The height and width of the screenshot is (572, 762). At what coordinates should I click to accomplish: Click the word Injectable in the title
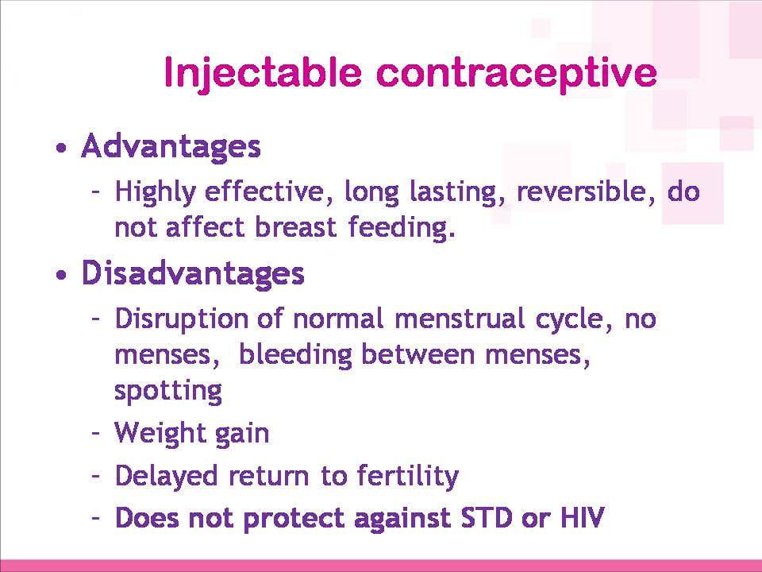click(263, 74)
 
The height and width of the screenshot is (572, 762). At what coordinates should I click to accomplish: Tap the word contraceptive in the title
click(517, 73)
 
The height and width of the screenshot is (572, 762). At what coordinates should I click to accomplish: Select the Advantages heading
click(171, 147)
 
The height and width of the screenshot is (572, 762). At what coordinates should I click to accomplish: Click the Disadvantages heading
click(193, 273)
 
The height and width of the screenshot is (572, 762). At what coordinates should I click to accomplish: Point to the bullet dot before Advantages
click(61, 148)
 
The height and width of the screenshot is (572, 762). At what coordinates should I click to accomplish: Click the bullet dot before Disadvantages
click(61, 275)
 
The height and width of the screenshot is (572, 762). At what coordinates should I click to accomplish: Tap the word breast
click(295, 227)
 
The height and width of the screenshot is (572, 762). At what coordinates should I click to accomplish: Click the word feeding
click(402, 228)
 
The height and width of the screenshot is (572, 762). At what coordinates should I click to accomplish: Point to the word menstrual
click(459, 319)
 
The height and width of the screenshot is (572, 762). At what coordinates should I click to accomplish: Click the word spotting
click(168, 391)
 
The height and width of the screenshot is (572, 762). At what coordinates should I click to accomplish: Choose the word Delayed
click(166, 476)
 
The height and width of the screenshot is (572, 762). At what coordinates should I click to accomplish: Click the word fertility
click(407, 476)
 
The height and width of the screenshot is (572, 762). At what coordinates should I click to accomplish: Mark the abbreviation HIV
click(582, 517)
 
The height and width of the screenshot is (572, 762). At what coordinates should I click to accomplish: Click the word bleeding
click(295, 355)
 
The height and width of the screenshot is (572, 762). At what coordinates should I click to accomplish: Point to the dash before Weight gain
click(96, 432)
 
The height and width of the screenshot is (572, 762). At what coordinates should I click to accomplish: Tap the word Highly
click(155, 192)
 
